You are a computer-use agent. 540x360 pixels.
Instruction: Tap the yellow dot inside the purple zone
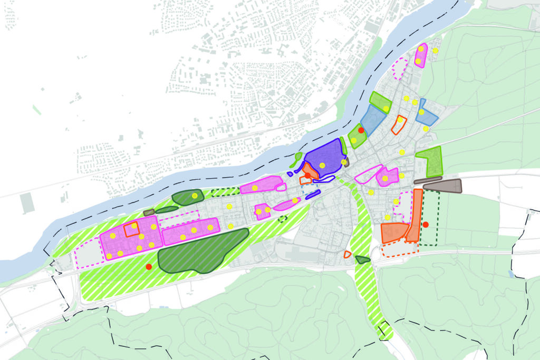pyautogui.click(x=322, y=166)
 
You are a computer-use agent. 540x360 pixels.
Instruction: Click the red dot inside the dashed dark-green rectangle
pyautogui.click(x=426, y=225)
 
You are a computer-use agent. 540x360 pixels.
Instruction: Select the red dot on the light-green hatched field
pyautogui.click(x=149, y=267)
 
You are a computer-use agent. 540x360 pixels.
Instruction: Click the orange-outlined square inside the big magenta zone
pyautogui.click(x=131, y=229)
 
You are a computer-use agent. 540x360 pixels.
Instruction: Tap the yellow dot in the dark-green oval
pyautogui.click(x=195, y=196)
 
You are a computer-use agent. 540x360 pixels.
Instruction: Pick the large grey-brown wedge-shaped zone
pyautogui.click(x=443, y=186)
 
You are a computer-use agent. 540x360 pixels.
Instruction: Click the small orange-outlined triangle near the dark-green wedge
pyautogui.click(x=347, y=255)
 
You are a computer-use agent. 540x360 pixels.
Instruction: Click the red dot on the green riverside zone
pyautogui.click(x=361, y=130)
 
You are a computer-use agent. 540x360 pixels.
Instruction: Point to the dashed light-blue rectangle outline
pyautogui.click(x=310, y=182)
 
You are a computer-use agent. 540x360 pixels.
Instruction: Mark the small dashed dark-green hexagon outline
pyautogui.click(x=283, y=218)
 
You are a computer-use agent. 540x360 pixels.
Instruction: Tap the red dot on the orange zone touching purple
pyautogui.click(x=307, y=175)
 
